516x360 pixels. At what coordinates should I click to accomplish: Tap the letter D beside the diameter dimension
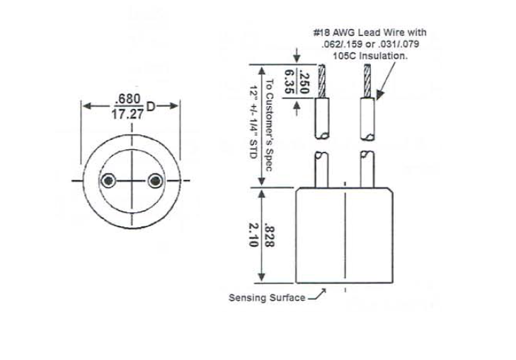click(151, 106)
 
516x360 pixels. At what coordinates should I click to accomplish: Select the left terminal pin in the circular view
click(108, 182)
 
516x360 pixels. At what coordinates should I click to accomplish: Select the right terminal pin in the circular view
click(154, 182)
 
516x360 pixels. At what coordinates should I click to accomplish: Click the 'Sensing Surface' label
click(266, 298)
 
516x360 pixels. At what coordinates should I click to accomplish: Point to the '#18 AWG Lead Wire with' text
click(369, 33)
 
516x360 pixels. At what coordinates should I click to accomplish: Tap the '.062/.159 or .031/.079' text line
click(370, 44)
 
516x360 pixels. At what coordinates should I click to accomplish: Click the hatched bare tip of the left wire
click(323, 81)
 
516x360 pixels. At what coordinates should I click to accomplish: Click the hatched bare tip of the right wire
click(367, 81)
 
